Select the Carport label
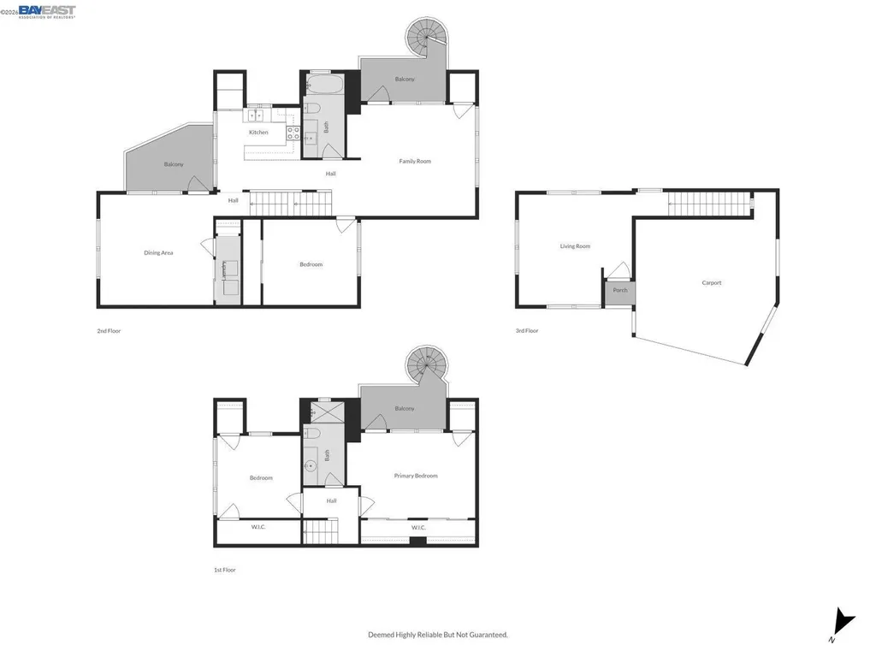coord(711,283)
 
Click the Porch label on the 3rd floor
coord(620,290)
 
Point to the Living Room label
coord(575,246)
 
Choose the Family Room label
coord(415,161)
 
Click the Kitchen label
coord(258,133)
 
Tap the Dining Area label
coord(158,252)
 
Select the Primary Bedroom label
coord(416,476)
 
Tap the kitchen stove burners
coord(292,133)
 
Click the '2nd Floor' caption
coord(109,330)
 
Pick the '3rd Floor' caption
coord(527,330)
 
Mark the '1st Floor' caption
coord(225,570)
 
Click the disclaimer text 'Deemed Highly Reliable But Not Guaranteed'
coord(438,635)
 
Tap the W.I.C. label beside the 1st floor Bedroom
coord(258,527)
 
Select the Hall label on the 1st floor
coord(331,500)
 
